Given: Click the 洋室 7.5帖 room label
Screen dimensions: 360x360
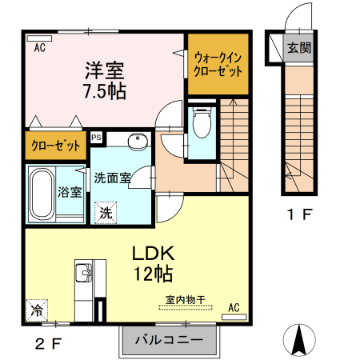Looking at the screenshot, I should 104,78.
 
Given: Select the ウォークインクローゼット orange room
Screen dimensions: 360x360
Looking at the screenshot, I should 218,64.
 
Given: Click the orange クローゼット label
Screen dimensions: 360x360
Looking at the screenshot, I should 55,146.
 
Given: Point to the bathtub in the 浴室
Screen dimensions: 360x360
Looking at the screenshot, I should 41,194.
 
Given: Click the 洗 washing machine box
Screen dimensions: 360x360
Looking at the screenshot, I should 105,213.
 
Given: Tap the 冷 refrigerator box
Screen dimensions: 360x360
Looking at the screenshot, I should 35,309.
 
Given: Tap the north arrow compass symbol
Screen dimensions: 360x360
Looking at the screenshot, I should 301,340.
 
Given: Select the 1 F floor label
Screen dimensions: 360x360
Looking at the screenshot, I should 300,214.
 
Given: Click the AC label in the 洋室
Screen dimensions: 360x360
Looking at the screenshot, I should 39,48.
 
